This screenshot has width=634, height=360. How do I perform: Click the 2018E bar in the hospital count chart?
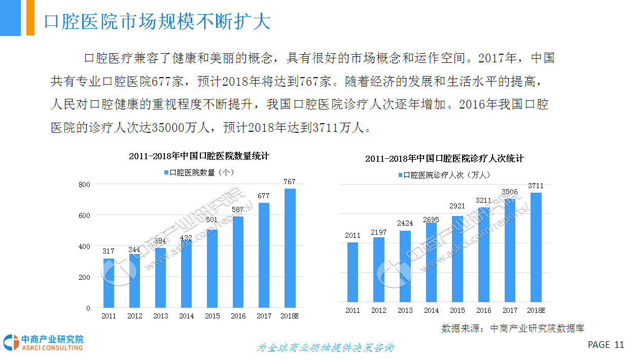(x=290, y=248)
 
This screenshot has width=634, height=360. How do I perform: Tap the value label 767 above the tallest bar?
(x=290, y=182)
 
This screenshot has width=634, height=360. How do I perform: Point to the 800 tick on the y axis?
(x=84, y=184)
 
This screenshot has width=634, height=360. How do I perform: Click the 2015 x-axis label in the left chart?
(x=212, y=316)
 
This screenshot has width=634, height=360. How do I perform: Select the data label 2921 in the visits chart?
(x=458, y=206)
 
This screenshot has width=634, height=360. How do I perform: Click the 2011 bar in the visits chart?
(x=353, y=272)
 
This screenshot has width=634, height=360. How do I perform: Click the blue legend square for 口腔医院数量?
(x=166, y=173)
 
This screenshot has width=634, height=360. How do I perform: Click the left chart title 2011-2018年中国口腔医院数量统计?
(x=199, y=156)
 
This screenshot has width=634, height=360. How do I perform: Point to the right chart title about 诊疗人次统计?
(x=444, y=159)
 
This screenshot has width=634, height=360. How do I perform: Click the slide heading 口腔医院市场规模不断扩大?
(x=157, y=22)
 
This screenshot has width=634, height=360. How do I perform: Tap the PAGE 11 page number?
(x=606, y=345)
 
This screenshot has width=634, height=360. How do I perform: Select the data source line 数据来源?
(x=513, y=329)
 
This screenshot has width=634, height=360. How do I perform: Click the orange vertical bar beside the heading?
(x=30, y=18)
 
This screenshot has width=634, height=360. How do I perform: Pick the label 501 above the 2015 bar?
(x=212, y=220)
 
